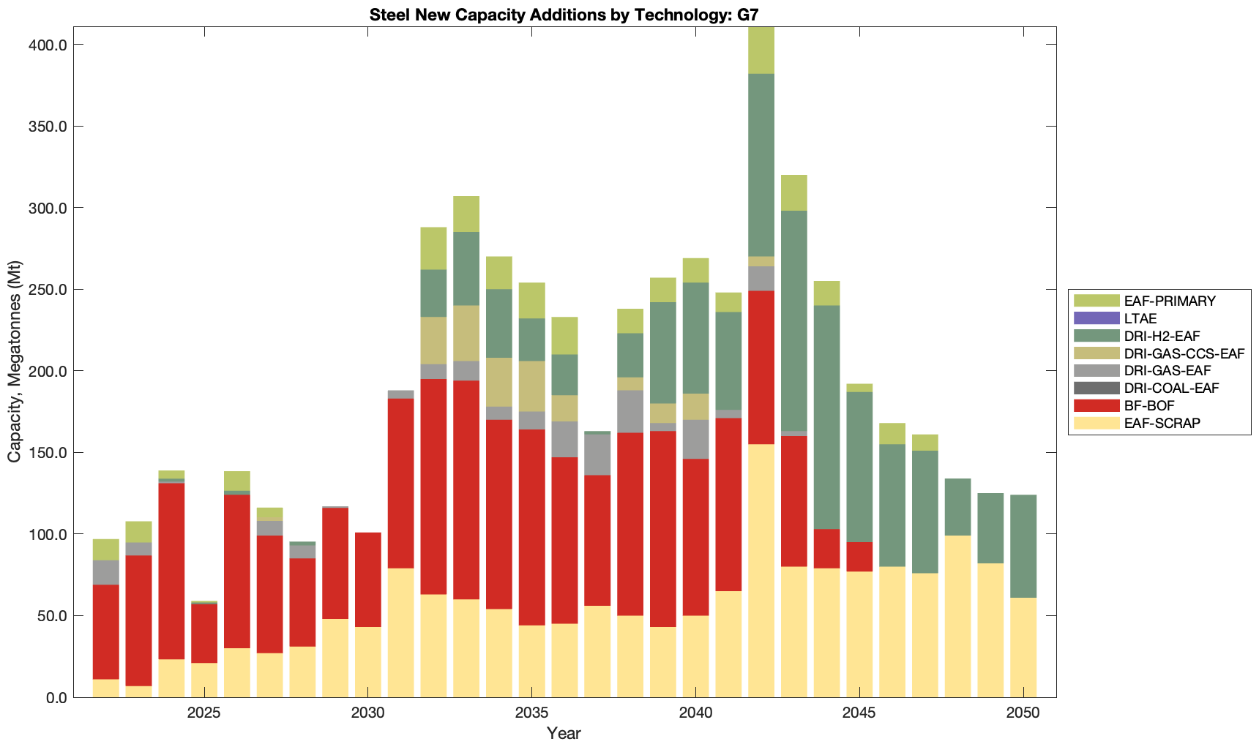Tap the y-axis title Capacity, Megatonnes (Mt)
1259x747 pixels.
(x=15, y=361)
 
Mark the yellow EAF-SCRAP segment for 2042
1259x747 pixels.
(x=761, y=571)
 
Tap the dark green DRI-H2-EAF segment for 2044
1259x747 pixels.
(x=826, y=417)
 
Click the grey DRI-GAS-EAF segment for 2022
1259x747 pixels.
(x=106, y=572)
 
